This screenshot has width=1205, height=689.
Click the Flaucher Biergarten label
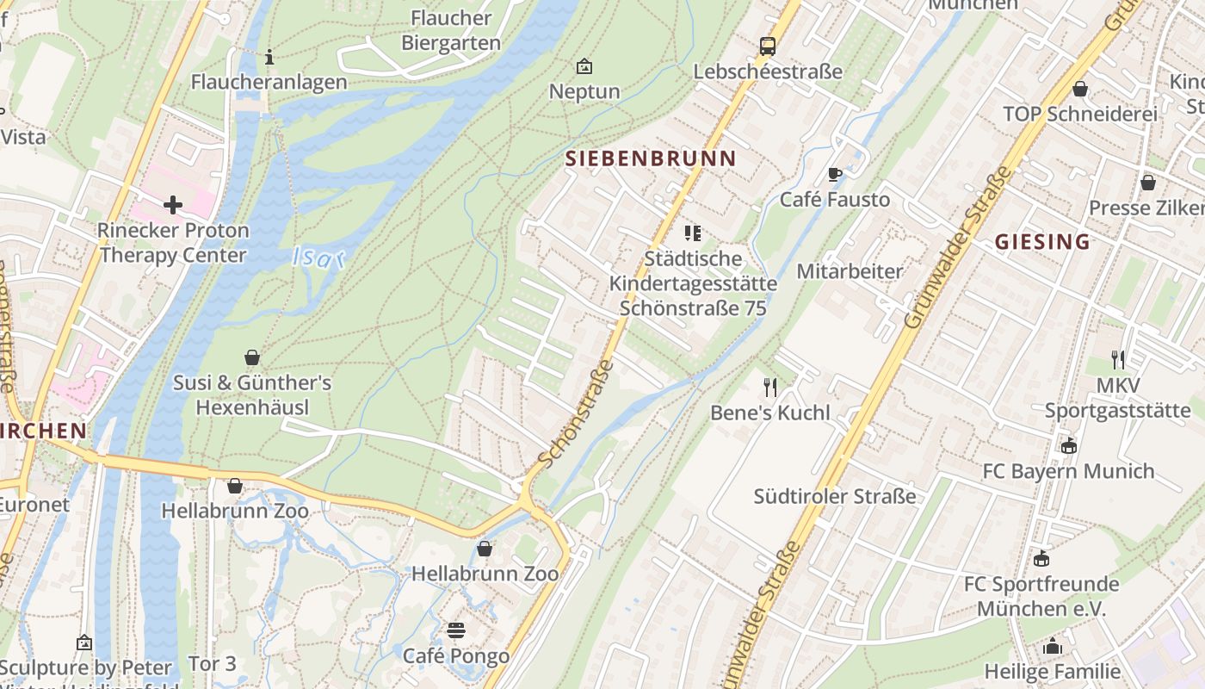[451, 30]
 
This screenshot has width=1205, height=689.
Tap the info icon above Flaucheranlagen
[269, 57]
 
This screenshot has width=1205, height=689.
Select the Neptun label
[584, 91]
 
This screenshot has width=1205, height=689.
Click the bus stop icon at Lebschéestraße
[767, 47]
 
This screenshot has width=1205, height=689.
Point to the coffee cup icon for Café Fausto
[834, 175]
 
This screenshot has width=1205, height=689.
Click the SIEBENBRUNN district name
[651, 158]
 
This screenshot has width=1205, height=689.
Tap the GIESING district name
[1042, 242]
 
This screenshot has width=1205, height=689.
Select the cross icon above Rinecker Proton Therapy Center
[173, 205]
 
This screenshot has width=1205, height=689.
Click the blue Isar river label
[318, 257]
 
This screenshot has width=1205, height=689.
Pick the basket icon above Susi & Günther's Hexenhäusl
[252, 357]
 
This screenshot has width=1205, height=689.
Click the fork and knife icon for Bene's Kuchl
[769, 388]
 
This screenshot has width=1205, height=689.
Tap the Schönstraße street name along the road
[577, 414]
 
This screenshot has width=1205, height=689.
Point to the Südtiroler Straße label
[834, 496]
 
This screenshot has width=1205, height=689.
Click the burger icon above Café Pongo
[456, 630]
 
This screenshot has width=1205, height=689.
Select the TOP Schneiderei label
[1079, 114]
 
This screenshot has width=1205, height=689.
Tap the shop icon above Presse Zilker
[1147, 183]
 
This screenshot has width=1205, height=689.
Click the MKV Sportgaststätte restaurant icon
[1117, 360]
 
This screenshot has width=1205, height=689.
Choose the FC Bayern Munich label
[1068, 471]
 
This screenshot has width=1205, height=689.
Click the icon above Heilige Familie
[1053, 646]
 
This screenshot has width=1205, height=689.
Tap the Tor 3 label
[212, 664]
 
